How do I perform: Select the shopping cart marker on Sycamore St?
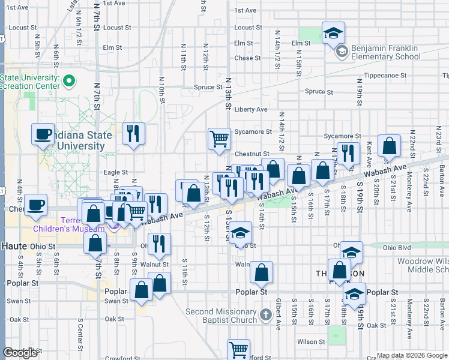pyautogui.click(x=220, y=139)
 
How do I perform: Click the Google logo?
pyautogui.click(x=20, y=353)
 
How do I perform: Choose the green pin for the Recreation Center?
pyautogui.click(x=69, y=80)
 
